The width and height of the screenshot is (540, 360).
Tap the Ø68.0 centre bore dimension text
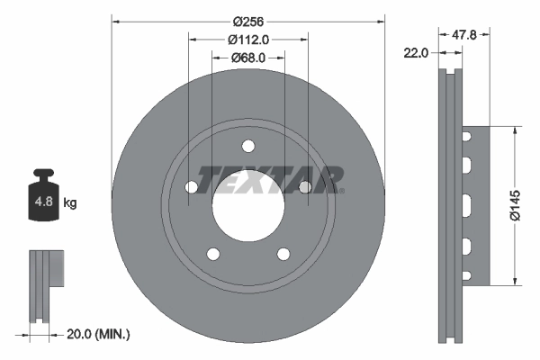(248, 58)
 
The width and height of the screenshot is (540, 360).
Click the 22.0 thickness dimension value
(416, 53)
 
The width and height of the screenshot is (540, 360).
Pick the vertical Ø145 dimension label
(516, 204)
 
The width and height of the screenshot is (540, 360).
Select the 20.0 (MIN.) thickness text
(100, 334)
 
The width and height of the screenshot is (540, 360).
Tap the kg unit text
(70, 203)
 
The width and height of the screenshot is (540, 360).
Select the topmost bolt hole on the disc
(248, 147)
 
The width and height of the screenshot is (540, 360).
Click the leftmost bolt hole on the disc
(191, 187)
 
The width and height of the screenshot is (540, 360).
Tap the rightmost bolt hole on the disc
(305, 187)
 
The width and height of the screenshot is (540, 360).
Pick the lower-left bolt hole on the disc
(212, 255)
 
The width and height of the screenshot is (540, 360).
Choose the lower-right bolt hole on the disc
(283, 255)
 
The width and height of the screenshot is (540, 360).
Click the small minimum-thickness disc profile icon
(46, 283)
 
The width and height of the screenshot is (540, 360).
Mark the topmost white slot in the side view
(467, 137)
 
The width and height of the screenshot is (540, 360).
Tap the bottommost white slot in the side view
(467, 273)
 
